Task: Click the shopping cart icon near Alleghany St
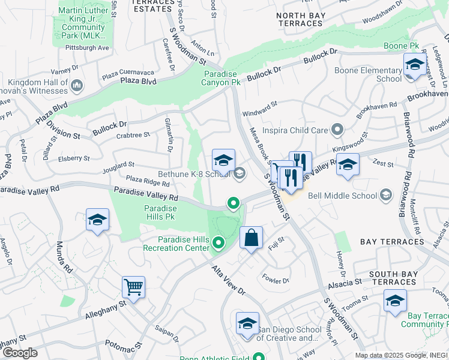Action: [133, 287]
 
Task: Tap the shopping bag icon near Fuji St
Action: [251, 237]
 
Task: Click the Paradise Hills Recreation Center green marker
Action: [218, 243]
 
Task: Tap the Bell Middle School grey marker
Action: [385, 195]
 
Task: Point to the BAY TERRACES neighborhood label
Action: [392, 242]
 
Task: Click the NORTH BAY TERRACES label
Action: [300, 19]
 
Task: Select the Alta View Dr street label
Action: [228, 280]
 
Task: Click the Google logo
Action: [20, 352]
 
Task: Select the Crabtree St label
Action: [133, 136]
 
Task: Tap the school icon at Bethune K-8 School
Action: [223, 161]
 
